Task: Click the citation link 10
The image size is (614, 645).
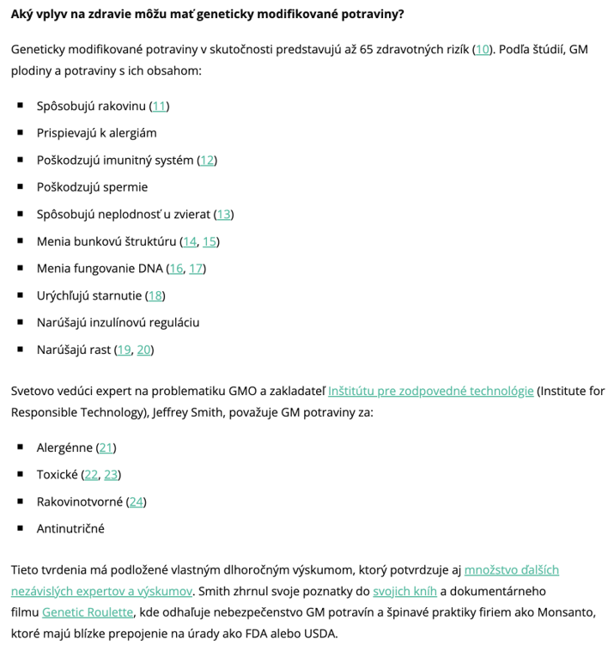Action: [483, 49]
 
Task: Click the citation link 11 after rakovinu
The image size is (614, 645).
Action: [159, 106]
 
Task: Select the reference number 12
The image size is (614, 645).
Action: [207, 160]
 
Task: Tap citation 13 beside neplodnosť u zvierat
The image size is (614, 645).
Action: [223, 214]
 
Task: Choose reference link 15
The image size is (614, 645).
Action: [210, 241]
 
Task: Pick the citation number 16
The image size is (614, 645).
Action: [176, 268]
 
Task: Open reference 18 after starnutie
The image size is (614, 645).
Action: [155, 295]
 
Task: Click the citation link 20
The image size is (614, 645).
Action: [144, 350]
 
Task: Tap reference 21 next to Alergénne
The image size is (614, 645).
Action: [106, 447]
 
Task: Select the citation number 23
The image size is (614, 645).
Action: [112, 474]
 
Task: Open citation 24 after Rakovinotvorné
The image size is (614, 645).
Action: [136, 502]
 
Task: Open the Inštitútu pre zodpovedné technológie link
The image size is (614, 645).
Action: [430, 391]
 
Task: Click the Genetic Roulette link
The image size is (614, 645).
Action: [88, 612]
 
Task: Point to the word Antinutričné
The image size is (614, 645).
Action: [70, 528]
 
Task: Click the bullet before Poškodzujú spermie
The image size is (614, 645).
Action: [20, 186]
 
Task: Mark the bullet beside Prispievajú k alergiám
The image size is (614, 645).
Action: [20, 132]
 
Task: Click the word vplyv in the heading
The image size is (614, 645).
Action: [57, 15]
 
